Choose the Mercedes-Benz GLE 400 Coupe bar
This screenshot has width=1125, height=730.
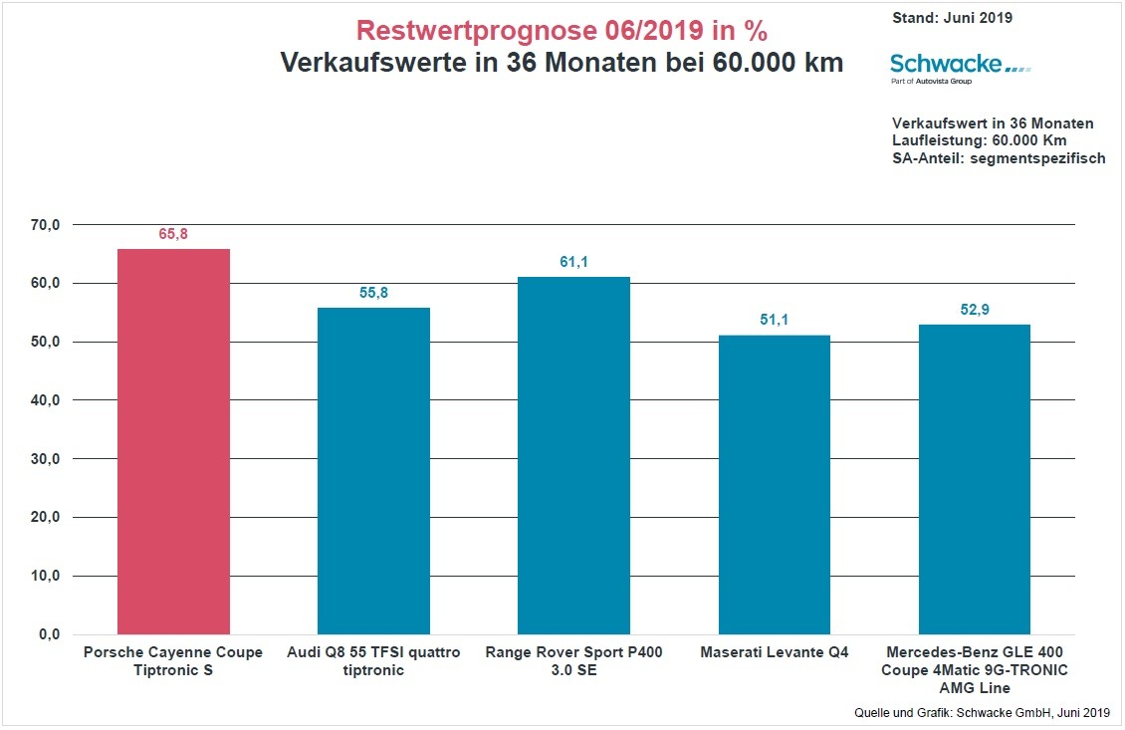point(974,479)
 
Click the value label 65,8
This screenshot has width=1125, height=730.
point(173,234)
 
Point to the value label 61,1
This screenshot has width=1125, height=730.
point(573,262)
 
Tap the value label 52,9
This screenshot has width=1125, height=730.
point(974,310)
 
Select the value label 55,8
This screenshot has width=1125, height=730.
point(373,293)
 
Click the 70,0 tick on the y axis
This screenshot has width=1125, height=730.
point(46,225)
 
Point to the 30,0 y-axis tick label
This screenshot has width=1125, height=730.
point(46,459)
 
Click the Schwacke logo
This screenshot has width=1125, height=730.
point(960,66)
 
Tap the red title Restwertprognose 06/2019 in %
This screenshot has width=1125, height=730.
point(562,30)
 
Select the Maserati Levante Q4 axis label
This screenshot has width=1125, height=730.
point(774,653)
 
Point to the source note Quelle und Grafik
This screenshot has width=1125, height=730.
point(982,712)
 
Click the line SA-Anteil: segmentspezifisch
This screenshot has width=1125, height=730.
point(999,158)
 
